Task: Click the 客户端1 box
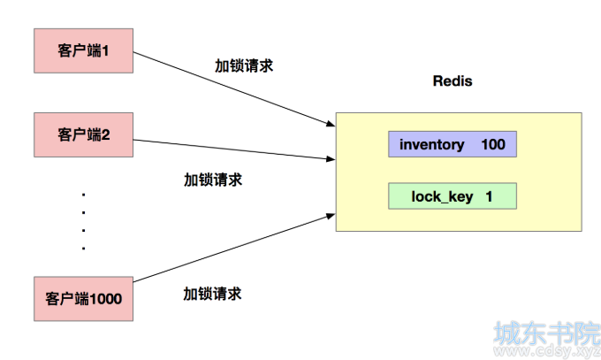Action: [84, 50]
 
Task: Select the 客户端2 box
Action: [84, 134]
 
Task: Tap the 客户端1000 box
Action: [84, 299]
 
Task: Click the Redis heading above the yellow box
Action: [453, 81]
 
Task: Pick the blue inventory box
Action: [453, 144]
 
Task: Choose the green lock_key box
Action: [453, 196]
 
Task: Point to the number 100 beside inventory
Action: [493, 144]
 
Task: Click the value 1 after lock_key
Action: [489, 196]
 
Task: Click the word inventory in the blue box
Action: [432, 145]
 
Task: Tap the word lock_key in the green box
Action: [442, 197]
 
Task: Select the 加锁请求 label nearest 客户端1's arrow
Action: [244, 65]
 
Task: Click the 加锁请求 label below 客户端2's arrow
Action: [213, 180]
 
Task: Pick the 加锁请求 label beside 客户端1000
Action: [212, 294]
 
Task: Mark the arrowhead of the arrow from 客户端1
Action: [331, 124]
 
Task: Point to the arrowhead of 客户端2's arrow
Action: [331, 158]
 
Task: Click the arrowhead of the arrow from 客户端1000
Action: [331, 216]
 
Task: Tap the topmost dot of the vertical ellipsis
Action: [84, 195]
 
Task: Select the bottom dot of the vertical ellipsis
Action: [84, 249]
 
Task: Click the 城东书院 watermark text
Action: [547, 333]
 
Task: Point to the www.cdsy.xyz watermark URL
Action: [547, 351]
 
